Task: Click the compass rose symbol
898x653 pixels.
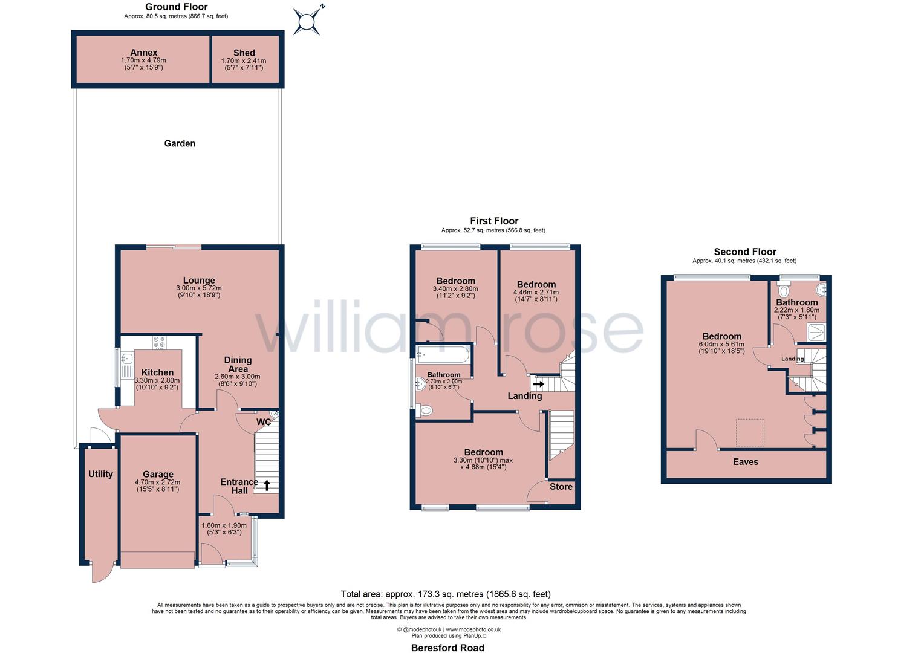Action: pyautogui.click(x=308, y=22)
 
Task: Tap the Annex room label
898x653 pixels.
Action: pyautogui.click(x=143, y=53)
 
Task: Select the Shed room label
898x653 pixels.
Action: pyautogui.click(x=244, y=53)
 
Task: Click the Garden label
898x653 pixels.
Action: pyautogui.click(x=180, y=143)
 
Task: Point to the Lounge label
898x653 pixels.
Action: pyautogui.click(x=199, y=280)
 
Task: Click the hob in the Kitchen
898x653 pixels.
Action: pyautogui.click(x=159, y=343)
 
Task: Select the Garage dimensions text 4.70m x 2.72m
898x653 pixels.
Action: pyautogui.click(x=158, y=482)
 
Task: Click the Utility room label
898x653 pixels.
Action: pyautogui.click(x=100, y=474)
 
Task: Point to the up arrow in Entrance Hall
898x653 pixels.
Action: pyautogui.click(x=267, y=484)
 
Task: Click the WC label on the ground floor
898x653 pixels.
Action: pyautogui.click(x=263, y=422)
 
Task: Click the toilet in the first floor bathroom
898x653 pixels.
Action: pyautogui.click(x=426, y=411)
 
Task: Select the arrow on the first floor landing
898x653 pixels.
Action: pyautogui.click(x=538, y=383)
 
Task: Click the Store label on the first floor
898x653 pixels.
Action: pyautogui.click(x=561, y=487)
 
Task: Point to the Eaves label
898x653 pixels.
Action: pyautogui.click(x=745, y=461)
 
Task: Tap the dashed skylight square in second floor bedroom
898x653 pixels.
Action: pyautogui.click(x=750, y=433)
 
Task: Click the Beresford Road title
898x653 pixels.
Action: pyautogui.click(x=447, y=648)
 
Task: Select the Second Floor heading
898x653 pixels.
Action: pyautogui.click(x=744, y=252)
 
